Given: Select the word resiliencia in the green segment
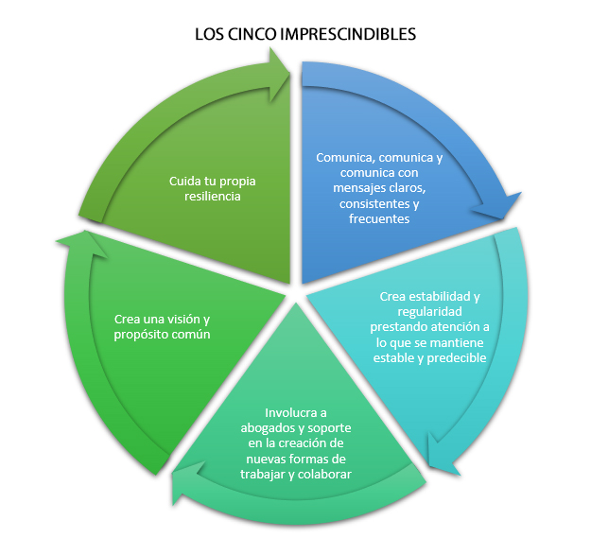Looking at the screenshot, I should point(213,196).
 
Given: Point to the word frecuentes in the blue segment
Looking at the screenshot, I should point(378,217).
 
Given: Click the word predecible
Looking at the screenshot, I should point(455,357).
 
